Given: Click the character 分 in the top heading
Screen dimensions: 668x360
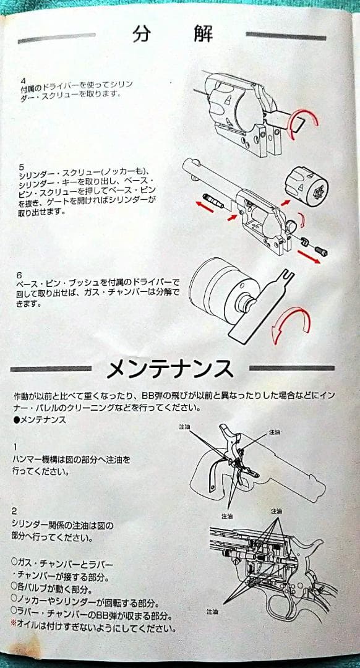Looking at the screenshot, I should point(142,34).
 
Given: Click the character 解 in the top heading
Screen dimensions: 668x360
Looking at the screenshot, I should point(202,34).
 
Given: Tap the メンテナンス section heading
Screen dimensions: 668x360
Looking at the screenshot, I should point(169,369).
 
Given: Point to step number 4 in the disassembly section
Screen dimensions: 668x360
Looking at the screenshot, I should point(22,80).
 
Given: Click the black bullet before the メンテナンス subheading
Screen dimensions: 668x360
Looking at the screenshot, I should point(16,420).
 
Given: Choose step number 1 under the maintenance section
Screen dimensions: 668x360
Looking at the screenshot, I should point(15,446).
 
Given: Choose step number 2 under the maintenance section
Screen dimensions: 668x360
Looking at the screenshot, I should point(15,511).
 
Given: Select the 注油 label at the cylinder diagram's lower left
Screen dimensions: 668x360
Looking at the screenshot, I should point(212,611).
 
